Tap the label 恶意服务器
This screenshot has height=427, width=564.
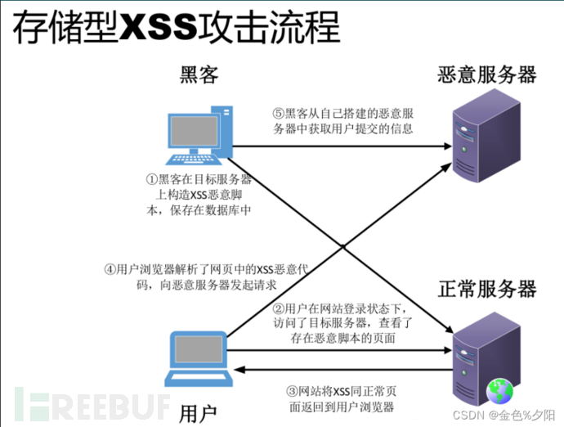click(487, 75)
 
